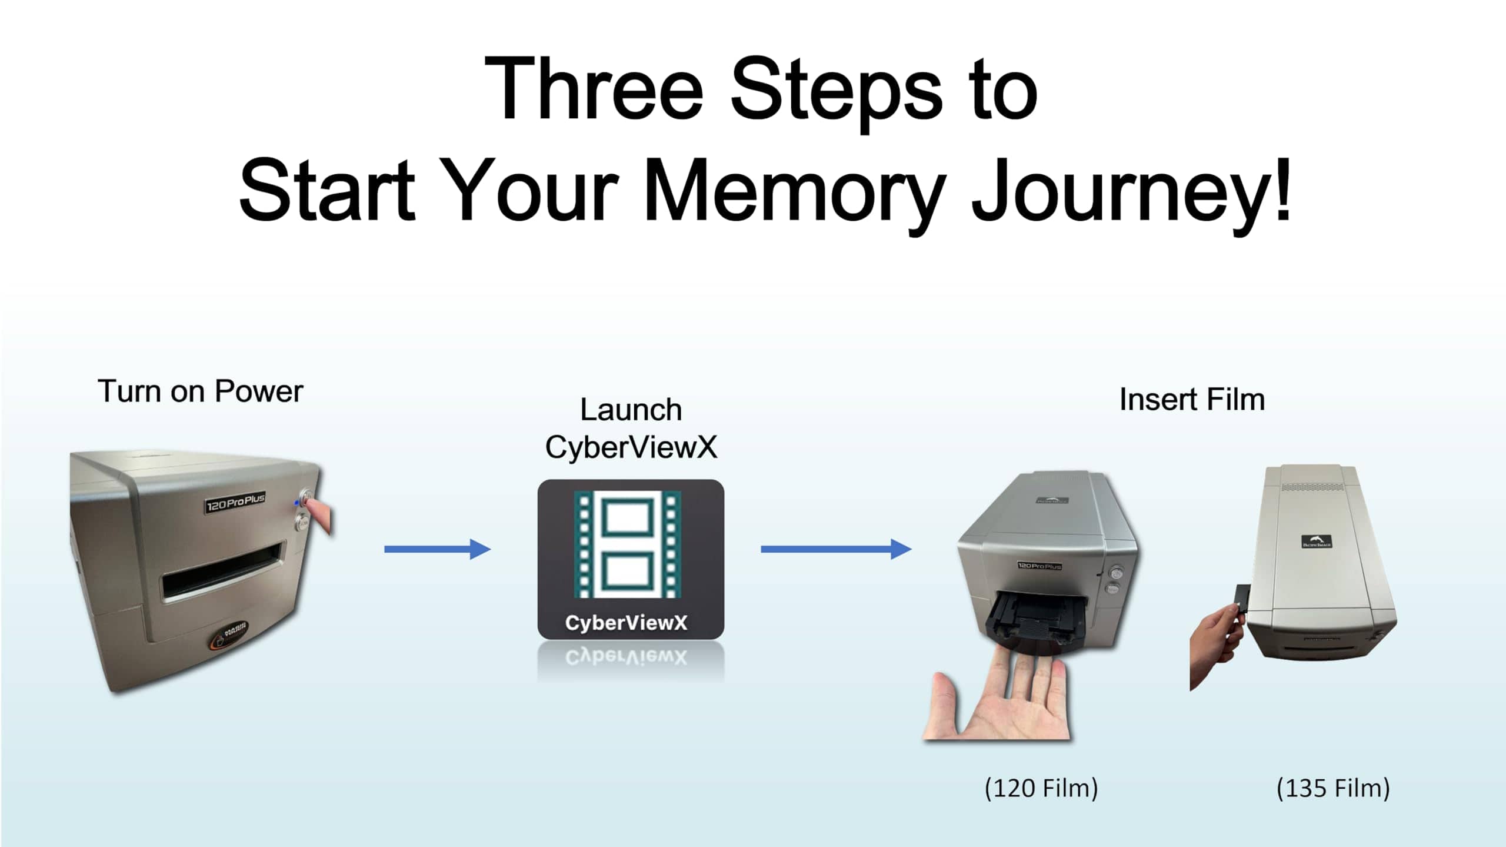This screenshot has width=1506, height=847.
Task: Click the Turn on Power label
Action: pos(200,391)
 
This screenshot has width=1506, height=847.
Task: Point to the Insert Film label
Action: pos(1192,400)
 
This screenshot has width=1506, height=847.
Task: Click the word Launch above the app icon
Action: pos(631,410)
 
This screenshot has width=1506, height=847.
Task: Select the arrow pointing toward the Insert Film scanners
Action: pos(835,549)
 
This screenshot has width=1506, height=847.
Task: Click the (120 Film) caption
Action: pos(1041,788)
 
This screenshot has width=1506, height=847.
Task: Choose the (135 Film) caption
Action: pos(1333,788)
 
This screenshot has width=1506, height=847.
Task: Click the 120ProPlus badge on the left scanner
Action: pos(235,503)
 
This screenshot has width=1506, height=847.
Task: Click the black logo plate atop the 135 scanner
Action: pos(1317,542)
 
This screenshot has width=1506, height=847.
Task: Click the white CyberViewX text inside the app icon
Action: pos(626,623)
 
